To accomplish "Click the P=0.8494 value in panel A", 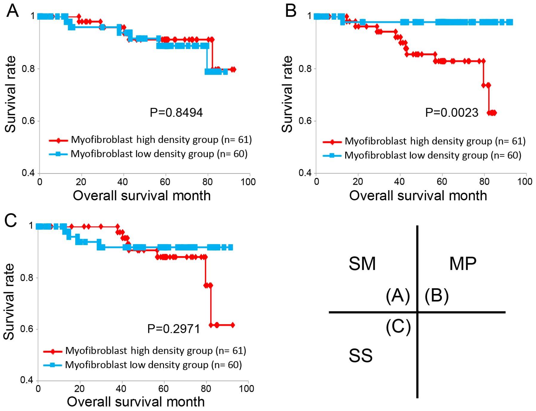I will point(176,113).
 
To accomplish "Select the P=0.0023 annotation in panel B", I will point(451,113).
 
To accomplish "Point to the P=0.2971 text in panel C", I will point(173,329).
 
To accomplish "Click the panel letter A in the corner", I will point(13,11).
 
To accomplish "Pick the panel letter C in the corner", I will point(11,221).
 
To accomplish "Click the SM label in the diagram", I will point(362,264).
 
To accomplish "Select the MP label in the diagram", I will point(463,264).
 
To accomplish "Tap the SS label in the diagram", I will point(360,356).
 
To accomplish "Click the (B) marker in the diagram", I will point(437,296).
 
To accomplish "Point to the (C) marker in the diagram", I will point(398,327).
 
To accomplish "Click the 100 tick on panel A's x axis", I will point(248,182).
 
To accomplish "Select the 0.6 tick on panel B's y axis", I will point(305,121).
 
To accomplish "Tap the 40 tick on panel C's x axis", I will point(121,389).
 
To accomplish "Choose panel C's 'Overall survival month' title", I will point(136,402).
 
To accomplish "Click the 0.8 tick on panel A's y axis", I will point(28,69).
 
